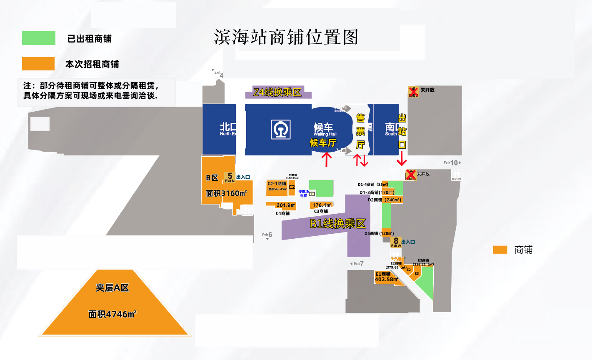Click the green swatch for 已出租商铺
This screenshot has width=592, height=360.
[x=39, y=38]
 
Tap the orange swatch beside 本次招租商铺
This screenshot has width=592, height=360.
[x=38, y=64]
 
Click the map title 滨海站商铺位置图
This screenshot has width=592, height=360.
[x=286, y=37]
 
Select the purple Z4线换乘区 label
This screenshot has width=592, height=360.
[x=278, y=92]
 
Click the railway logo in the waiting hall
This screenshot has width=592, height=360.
[x=280, y=129]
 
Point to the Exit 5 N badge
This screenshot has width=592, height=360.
[x=230, y=177]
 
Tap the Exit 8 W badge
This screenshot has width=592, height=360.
[x=396, y=242]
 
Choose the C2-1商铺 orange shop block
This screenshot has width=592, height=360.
[x=277, y=188]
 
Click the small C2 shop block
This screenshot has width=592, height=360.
[x=292, y=187]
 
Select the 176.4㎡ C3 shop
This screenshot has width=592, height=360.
[x=321, y=205]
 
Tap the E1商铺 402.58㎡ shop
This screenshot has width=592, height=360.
[x=385, y=277]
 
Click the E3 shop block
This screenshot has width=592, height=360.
[x=417, y=273]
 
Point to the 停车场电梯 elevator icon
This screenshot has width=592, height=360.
[x=312, y=193]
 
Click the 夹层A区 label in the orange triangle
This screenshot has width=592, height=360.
[x=112, y=287]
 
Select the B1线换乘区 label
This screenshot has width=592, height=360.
[x=337, y=224]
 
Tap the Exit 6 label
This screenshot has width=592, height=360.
[x=267, y=235]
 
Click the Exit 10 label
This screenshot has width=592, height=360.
[x=452, y=163]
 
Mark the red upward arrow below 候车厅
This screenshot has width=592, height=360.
[x=327, y=159]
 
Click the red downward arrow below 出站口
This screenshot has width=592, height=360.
[x=402, y=159]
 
